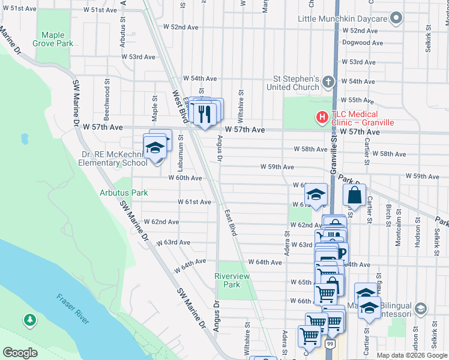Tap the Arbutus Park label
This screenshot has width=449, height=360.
pos(124,193)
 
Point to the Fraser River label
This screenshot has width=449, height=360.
pos(73,308)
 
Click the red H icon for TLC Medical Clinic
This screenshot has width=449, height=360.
pos(322,118)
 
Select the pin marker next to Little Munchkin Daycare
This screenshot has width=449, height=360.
pos(396,19)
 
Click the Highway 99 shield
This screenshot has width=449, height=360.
pos(331,344)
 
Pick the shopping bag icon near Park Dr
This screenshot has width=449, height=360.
pos(354,195)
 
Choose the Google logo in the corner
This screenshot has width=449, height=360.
pos(20,352)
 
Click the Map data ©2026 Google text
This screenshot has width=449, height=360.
pos(412,355)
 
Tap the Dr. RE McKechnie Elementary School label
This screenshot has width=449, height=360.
pos(114,158)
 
